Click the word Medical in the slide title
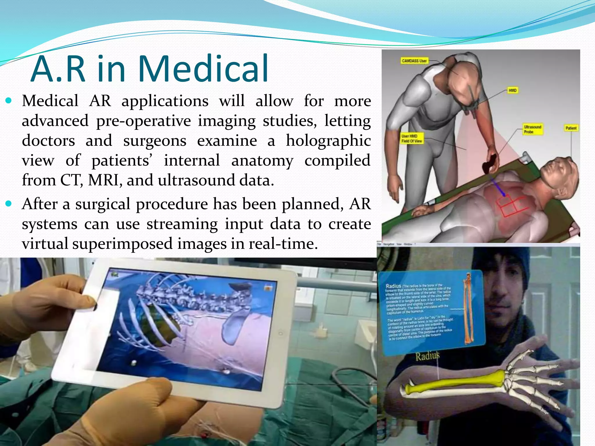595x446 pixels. [x=203, y=69]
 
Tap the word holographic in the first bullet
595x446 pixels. [x=328, y=141]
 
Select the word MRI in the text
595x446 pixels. [x=103, y=180]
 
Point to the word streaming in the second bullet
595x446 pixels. [x=182, y=224]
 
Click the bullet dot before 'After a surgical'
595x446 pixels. [x=9, y=204]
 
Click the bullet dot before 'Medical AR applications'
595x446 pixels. [x=9, y=101]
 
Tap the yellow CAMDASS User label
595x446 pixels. [x=414, y=61]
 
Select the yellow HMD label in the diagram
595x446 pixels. [x=512, y=91]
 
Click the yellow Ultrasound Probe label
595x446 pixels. [x=533, y=130]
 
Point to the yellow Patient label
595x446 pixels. [x=571, y=128]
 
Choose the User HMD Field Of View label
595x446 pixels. [x=412, y=139]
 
